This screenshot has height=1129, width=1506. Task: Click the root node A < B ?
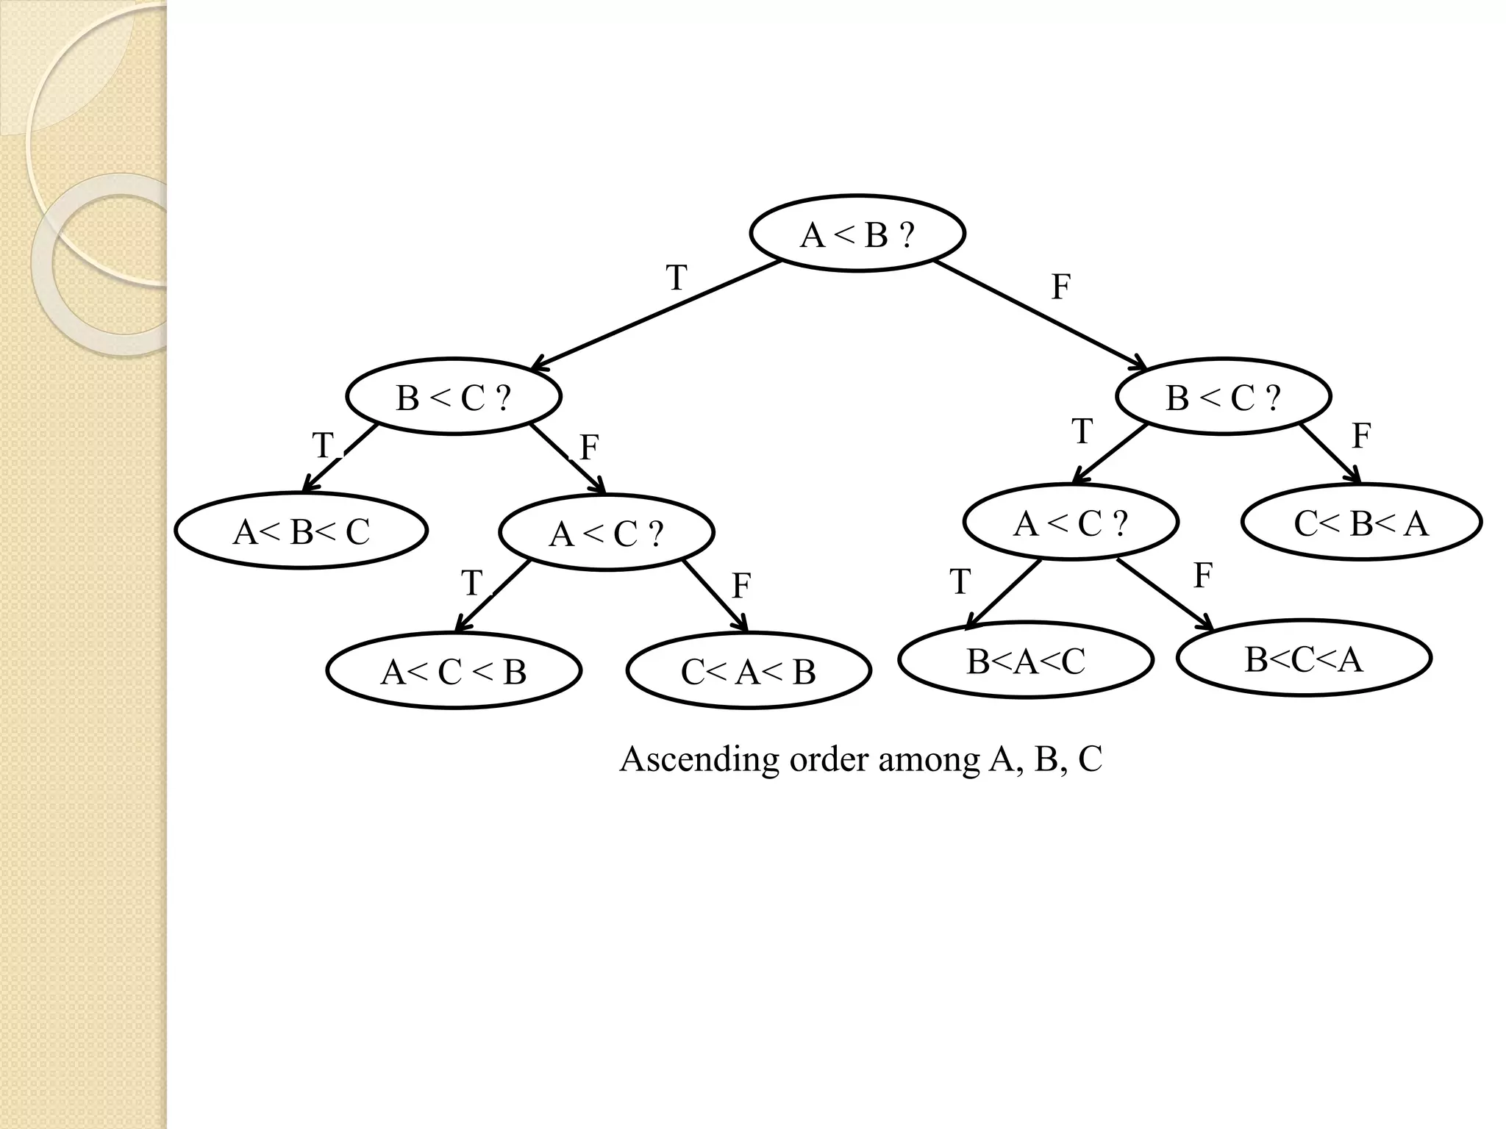(857, 234)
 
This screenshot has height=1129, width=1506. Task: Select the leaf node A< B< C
(301, 531)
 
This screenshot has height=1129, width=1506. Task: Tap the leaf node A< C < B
(454, 670)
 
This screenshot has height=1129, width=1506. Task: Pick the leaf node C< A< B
(749, 670)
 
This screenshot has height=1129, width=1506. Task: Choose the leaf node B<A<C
(1026, 660)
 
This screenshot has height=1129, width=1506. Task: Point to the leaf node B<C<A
(1304, 658)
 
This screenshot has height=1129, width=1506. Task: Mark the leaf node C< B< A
(1361, 522)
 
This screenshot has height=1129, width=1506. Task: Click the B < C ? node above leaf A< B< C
(454, 397)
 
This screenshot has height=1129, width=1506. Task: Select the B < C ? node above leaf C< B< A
(1224, 397)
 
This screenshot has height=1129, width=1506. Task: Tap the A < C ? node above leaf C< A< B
(607, 532)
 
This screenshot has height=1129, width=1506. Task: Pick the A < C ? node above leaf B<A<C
(1071, 522)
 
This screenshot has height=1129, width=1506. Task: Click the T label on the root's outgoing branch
(677, 278)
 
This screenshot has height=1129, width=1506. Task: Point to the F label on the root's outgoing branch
(1060, 287)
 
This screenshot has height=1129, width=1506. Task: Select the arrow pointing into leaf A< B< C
(340, 458)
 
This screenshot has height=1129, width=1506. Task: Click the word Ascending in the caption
(699, 759)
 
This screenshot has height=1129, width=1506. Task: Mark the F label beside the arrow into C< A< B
(741, 586)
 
